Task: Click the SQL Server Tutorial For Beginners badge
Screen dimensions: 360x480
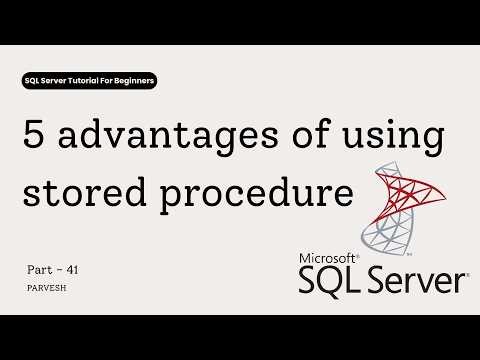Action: (x=89, y=79)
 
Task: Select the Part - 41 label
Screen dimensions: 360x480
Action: (x=51, y=270)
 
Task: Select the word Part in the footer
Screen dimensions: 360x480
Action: (x=39, y=270)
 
